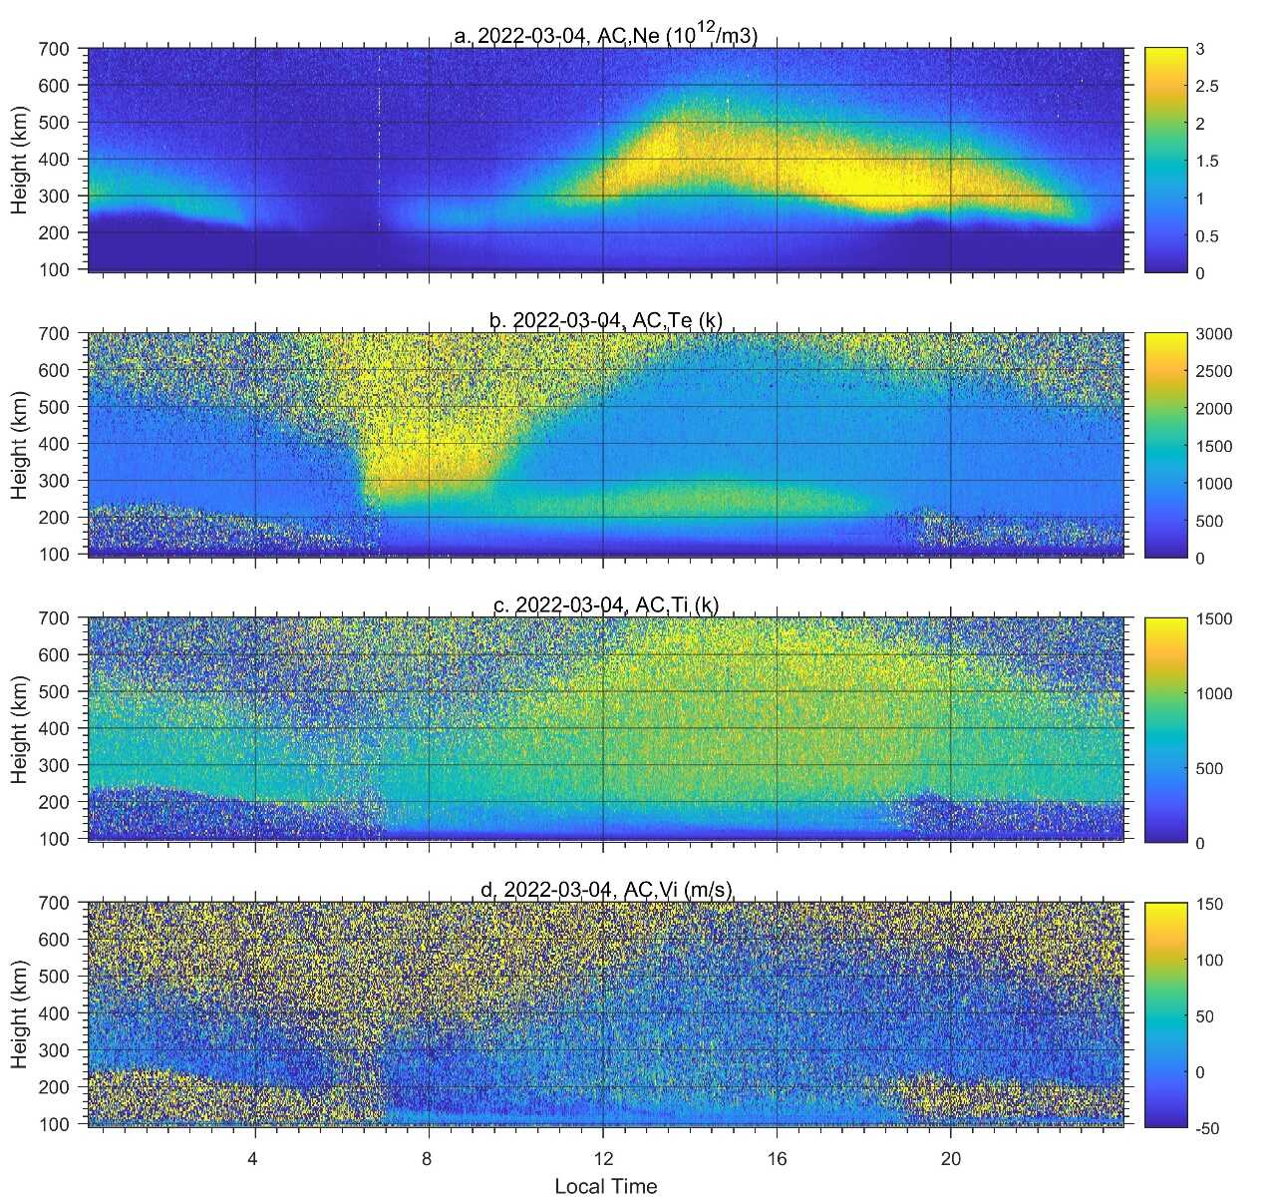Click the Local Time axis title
(x=605, y=1186)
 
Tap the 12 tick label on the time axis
(x=602, y=1160)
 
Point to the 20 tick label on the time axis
(x=950, y=1160)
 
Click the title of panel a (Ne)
(x=605, y=37)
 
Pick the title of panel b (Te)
(x=605, y=320)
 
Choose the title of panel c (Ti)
(x=605, y=604)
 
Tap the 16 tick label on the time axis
(x=777, y=1160)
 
